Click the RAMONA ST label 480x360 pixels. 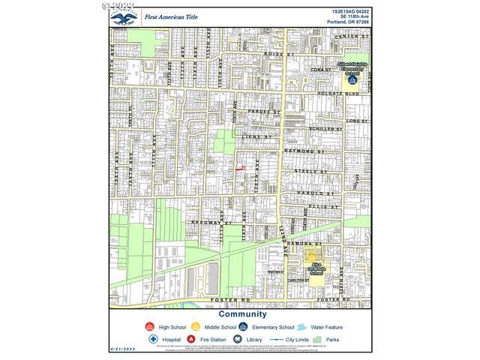307,244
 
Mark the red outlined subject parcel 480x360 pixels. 241,169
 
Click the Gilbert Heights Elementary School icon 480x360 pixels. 350,77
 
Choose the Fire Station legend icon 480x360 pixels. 192,339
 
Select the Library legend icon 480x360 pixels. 238,339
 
